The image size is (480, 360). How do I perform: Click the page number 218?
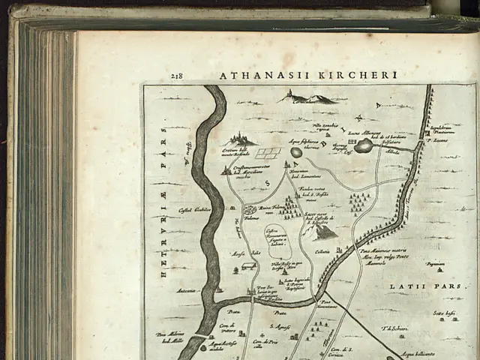click(x=177, y=76)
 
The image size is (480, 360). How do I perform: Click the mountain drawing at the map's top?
click(x=308, y=97)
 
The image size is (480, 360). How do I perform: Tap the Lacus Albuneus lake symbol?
click(x=364, y=145)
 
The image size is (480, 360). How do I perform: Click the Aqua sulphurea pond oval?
click(x=297, y=152)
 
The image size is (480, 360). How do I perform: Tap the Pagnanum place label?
click(x=435, y=264)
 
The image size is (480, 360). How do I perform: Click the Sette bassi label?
click(x=444, y=313)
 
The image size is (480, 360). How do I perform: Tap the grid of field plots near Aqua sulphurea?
click(x=268, y=153)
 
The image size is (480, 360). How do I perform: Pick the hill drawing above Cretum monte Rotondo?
click(x=240, y=138)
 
